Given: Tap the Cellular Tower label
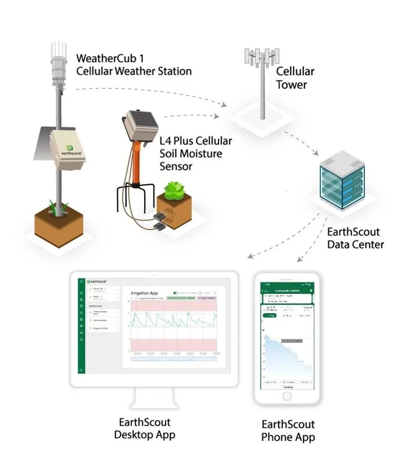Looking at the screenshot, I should pos(295,78).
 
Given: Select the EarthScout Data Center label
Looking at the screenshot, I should pos(355,238).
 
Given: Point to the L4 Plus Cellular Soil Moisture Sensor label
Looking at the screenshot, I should pos(195,154).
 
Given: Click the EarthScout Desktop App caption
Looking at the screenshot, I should pos(144,428).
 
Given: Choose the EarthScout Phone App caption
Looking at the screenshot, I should pos(288,431).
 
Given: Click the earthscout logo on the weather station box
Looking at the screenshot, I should pos(71,151).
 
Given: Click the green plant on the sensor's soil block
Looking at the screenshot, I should pos(174,190).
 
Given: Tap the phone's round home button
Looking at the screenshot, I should pos(287,396).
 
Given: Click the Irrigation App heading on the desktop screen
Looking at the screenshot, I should pos(144,293).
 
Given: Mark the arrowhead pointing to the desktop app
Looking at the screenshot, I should pos(250,256).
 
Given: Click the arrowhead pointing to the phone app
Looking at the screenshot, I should pos(299,260).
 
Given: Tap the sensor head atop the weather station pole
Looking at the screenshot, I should pos(59,66).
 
